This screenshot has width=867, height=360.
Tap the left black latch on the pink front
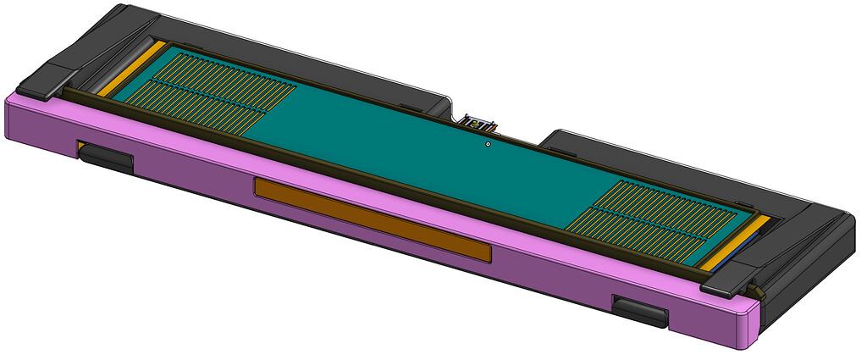pos(106,158)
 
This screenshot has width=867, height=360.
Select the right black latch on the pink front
pos(640,311)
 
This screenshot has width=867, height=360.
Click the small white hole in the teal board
pos(488,144)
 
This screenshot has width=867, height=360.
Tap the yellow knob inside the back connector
pos(477,124)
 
